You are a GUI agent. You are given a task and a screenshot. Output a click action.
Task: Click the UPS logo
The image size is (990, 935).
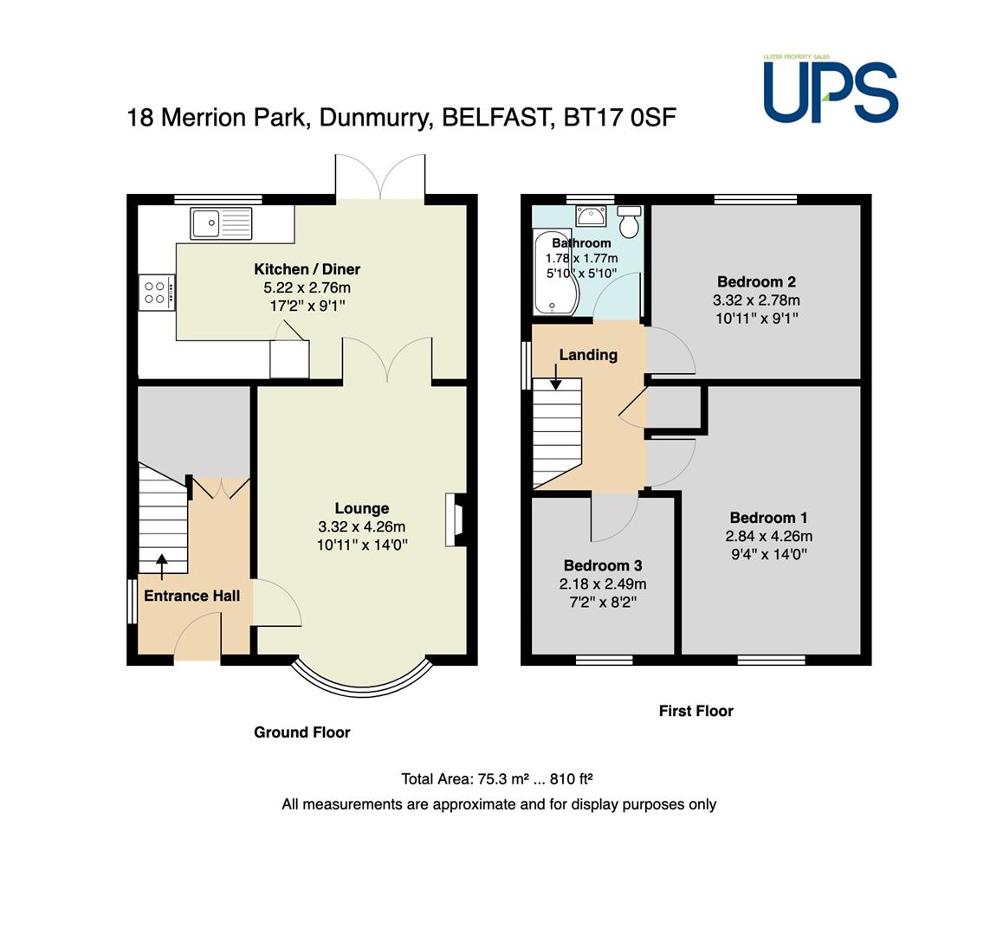coord(831,89)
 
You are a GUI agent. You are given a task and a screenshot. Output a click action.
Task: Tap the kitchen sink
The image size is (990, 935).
coord(221,223)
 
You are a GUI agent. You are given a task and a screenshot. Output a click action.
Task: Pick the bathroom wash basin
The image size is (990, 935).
coord(591,216)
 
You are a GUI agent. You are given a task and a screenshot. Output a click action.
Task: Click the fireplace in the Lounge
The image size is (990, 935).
coord(456,519)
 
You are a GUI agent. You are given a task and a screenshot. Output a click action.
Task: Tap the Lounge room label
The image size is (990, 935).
coord(362,508)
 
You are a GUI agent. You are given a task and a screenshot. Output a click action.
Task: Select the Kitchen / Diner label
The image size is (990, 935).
coord(307,269)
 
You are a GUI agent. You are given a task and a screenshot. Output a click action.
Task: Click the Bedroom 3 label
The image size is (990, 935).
coord(603,565)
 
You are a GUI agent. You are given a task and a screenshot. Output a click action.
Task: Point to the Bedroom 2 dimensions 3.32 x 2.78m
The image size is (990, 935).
coord(756,300)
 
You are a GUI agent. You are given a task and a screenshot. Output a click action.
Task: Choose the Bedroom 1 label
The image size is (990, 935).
coord(768,518)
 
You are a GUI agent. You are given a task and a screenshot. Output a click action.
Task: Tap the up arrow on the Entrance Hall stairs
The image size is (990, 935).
coord(162,566)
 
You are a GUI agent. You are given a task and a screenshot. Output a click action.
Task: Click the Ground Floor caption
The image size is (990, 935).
coord(301,732)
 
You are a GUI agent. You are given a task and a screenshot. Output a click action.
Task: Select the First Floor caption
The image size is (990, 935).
coord(696,711)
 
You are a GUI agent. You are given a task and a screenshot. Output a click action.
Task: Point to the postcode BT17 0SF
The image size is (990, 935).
coord(619,118)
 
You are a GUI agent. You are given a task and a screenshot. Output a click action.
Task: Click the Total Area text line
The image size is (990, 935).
coord(497,779)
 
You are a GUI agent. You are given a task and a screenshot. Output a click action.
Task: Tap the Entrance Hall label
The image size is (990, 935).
coord(192,596)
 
